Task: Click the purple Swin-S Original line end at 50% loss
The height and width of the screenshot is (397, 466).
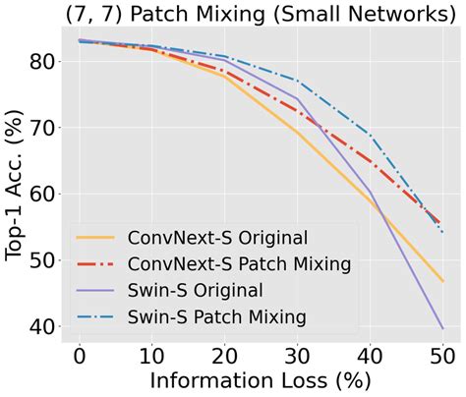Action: point(441,327)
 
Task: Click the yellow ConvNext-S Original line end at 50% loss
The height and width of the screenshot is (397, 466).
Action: point(441,281)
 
